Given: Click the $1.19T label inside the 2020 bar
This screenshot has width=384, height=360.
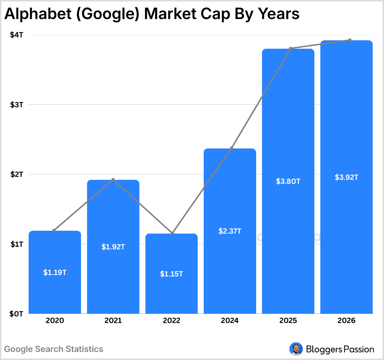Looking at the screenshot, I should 55,272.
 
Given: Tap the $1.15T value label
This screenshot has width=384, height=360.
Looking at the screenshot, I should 171,274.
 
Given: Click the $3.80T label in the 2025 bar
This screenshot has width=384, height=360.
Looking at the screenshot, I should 288,181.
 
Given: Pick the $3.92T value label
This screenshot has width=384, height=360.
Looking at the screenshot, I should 346,177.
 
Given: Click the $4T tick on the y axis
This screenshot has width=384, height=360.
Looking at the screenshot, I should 16,35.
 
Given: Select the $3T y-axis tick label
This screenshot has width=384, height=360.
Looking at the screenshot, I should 16,105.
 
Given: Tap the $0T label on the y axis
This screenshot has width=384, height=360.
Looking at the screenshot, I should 16,314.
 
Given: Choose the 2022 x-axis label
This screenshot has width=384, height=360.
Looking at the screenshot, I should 171,321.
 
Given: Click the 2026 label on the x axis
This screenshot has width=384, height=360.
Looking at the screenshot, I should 346,321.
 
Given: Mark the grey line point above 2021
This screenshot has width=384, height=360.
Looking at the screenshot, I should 113,179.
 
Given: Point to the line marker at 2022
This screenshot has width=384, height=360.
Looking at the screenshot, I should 172,233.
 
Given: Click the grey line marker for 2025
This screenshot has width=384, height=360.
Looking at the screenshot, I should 291,48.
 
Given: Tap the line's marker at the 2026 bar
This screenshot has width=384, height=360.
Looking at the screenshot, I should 350,40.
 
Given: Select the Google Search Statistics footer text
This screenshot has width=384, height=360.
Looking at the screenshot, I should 54,349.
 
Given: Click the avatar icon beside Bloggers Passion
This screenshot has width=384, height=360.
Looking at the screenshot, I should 295,349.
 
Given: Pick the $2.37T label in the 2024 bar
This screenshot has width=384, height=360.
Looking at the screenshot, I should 230,231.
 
